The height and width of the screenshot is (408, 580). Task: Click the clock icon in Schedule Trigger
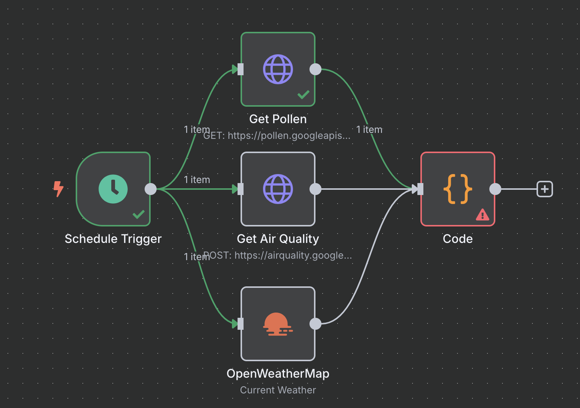[x=113, y=189]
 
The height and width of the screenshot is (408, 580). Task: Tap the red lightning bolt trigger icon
[x=58, y=189]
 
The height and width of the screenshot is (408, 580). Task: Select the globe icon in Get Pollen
[x=278, y=69]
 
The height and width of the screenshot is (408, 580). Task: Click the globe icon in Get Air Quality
[x=278, y=189]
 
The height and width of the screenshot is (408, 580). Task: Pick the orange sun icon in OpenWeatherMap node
[x=278, y=324]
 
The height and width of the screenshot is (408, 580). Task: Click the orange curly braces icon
[x=457, y=189]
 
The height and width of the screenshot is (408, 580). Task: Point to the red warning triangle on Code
[x=482, y=215]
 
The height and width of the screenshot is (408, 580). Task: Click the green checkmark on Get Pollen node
[x=303, y=95]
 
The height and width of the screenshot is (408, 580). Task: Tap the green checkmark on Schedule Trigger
[x=138, y=214]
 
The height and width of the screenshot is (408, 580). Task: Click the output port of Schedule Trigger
[x=151, y=189]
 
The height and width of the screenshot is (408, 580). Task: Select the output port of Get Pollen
[x=315, y=69]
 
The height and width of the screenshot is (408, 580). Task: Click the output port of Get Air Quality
[x=315, y=189]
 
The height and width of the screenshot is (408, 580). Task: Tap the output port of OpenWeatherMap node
[x=315, y=324]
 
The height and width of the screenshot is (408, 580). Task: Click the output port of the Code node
[x=495, y=189]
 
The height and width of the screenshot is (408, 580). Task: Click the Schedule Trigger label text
[x=113, y=239]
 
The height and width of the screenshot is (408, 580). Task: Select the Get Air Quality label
[x=278, y=239]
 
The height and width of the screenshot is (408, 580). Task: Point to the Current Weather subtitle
[x=278, y=390]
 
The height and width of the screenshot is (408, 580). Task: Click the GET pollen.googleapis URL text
[x=277, y=136]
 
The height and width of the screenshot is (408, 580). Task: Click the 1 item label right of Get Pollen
[x=369, y=130]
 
